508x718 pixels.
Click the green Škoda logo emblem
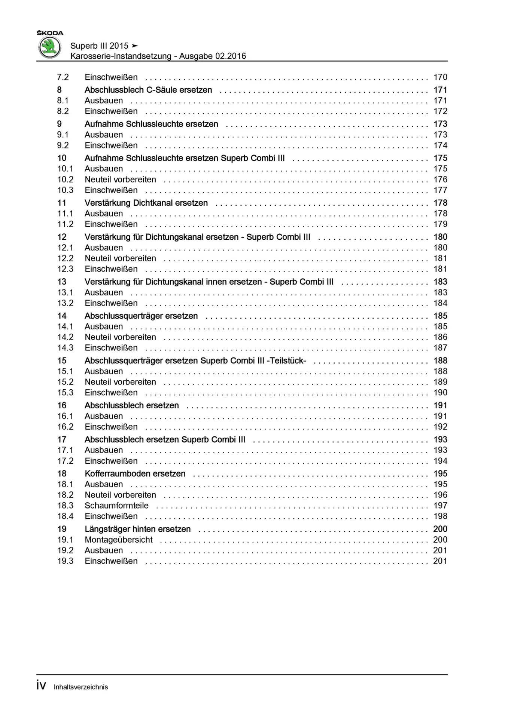[x=50, y=47]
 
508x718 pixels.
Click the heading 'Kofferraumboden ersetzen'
[x=135, y=474]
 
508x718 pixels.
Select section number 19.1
[x=65, y=540]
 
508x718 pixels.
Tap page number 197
[x=440, y=506]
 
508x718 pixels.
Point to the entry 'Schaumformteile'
[x=116, y=506]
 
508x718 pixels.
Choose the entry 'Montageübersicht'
[x=118, y=540]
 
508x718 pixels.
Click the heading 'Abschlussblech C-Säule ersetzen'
[x=148, y=90]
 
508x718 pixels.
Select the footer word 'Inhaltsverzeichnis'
[x=81, y=687]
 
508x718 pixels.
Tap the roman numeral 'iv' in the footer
[x=41, y=685]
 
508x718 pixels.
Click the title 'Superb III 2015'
[x=99, y=46]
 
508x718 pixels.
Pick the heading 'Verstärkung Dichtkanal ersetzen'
[x=146, y=203]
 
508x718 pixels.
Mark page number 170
[x=440, y=77]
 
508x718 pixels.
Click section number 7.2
[x=63, y=77]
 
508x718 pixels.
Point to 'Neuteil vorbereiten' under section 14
[x=120, y=337]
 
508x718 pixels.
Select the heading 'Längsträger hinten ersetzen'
[x=137, y=529]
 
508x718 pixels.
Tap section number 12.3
[x=65, y=269]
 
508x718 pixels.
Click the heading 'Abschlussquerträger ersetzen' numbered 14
[x=141, y=316]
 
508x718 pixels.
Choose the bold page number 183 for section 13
[x=440, y=282]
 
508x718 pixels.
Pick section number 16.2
[x=65, y=427]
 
